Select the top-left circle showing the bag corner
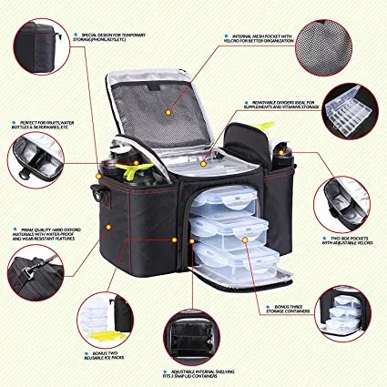pos(37,41)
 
